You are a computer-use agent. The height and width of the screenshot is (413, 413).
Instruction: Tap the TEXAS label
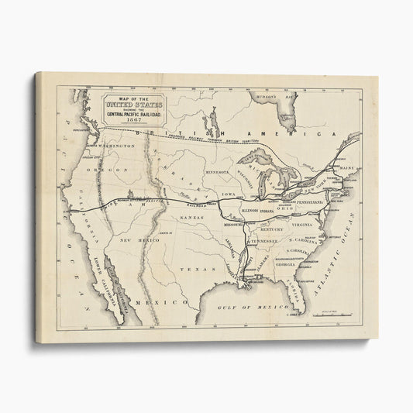[x=191, y=269]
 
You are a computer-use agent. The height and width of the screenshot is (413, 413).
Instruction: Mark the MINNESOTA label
[x=219, y=171]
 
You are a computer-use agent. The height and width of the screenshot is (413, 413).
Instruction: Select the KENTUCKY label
[x=272, y=230]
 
